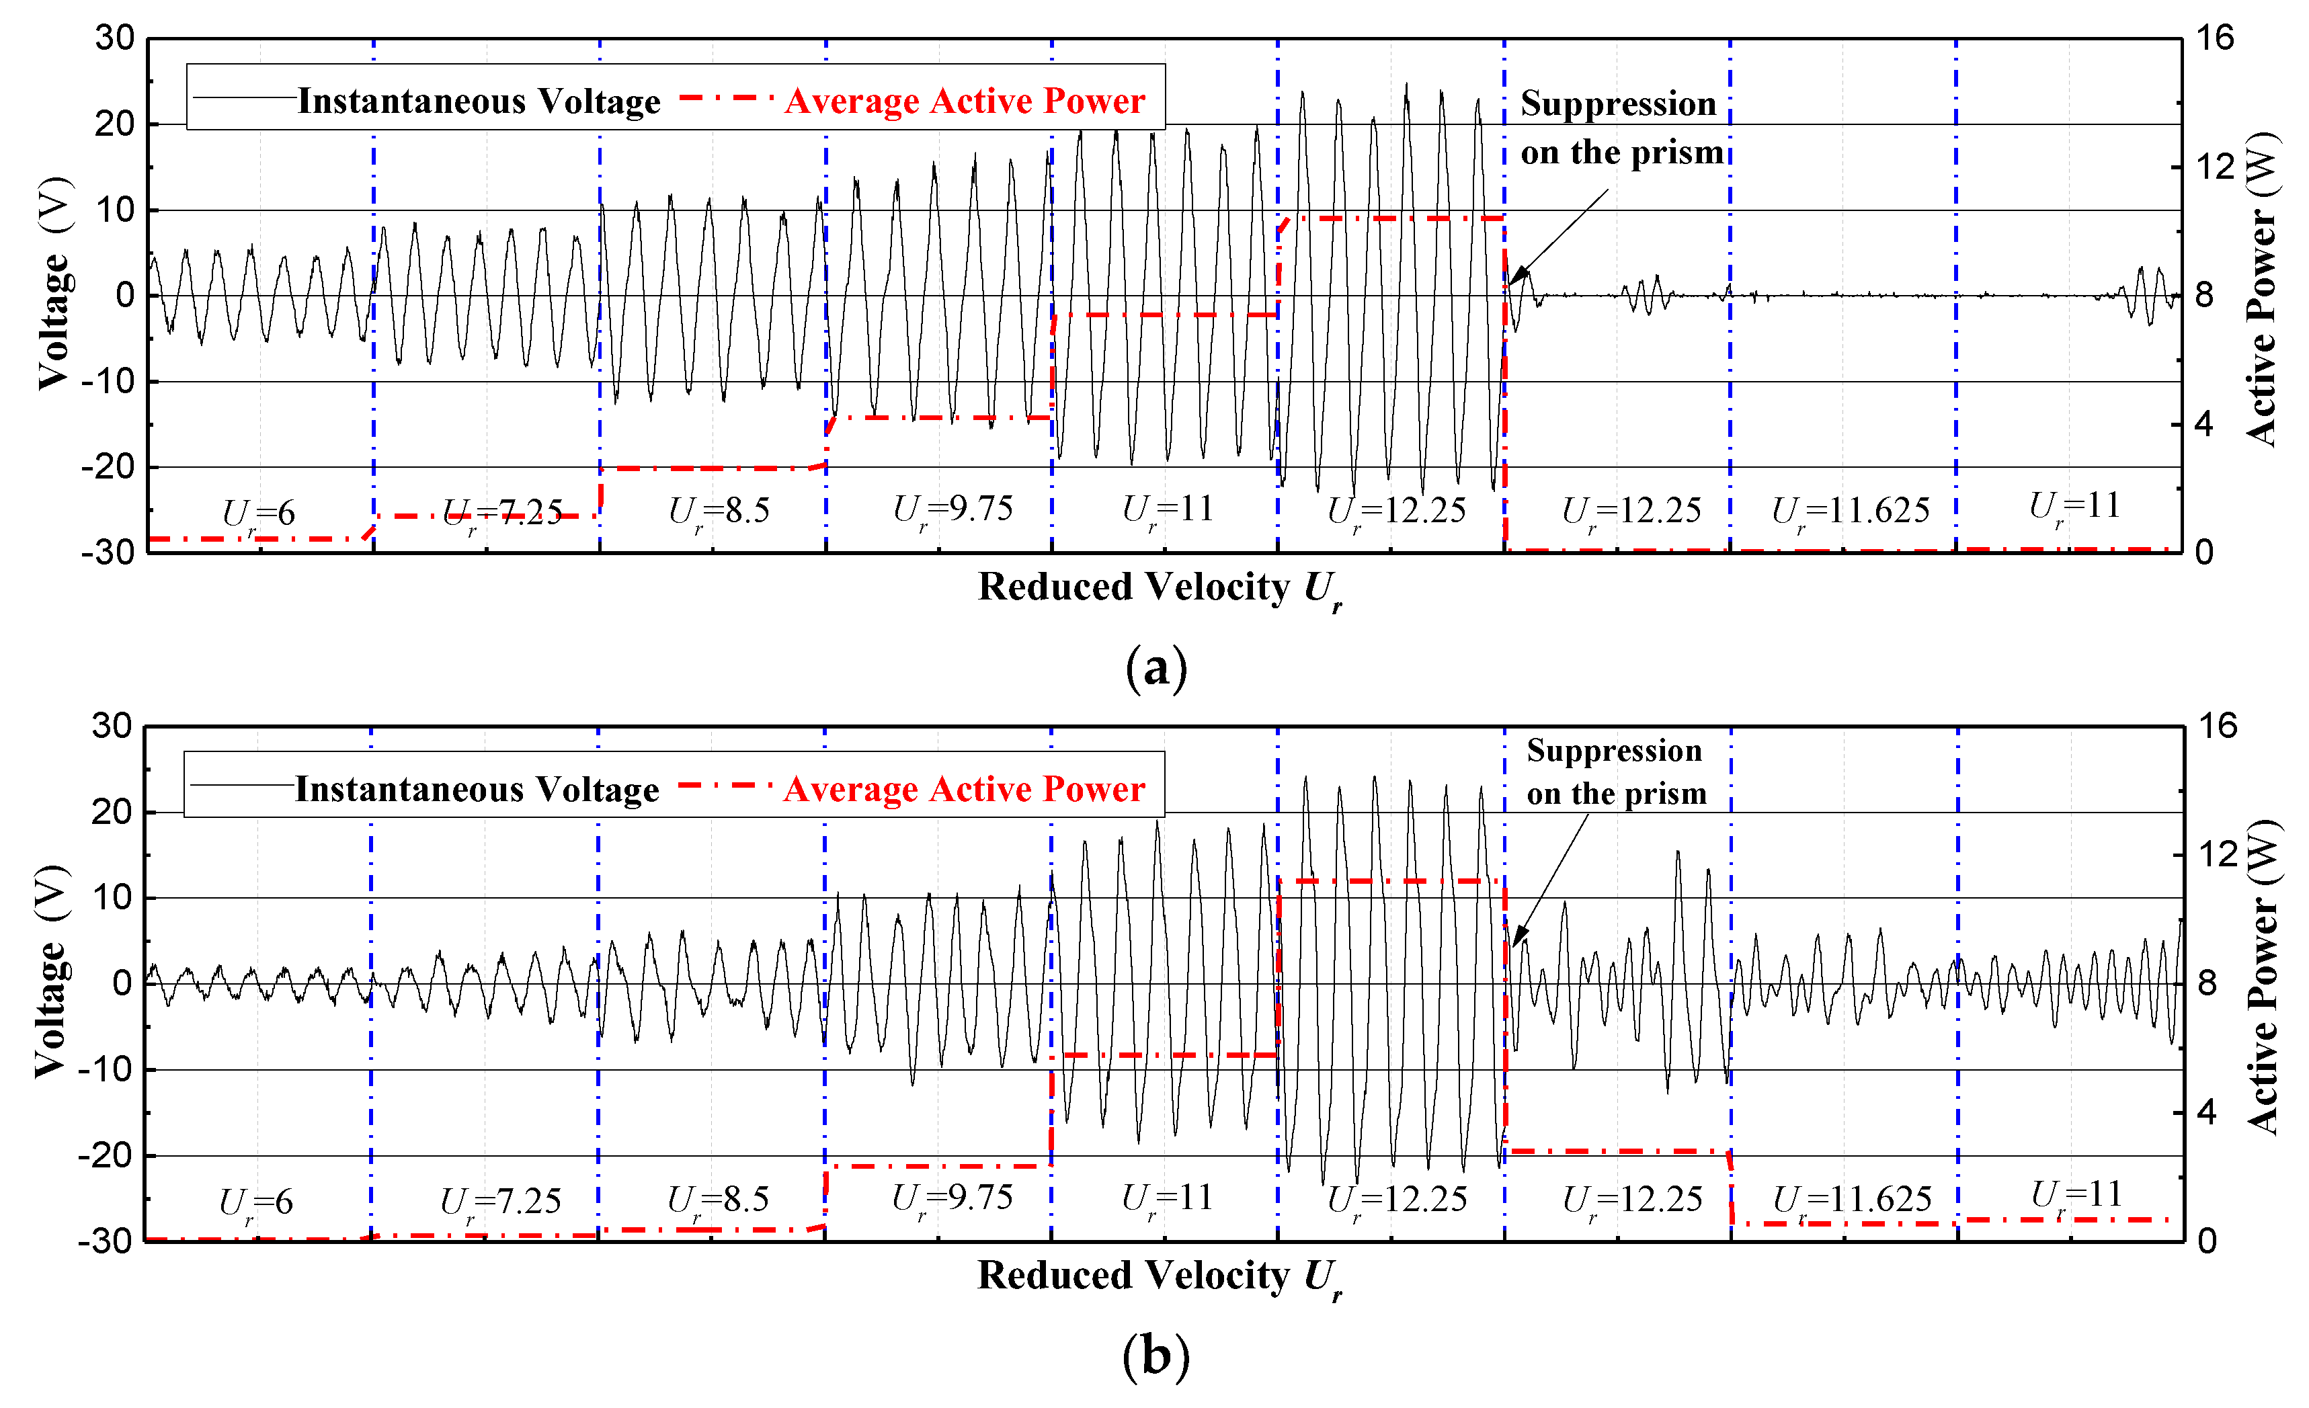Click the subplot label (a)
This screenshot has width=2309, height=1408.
click(1156, 669)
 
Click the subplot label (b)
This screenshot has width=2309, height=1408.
click(1156, 1356)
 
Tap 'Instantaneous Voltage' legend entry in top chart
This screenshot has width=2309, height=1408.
click(478, 101)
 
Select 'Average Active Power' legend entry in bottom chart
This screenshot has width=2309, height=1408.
click(963, 789)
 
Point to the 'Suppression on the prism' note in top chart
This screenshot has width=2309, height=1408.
click(1621, 128)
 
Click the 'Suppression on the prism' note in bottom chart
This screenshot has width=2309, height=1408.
click(1615, 772)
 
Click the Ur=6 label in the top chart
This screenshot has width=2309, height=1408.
click(259, 513)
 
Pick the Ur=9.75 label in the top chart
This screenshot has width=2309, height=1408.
click(953, 509)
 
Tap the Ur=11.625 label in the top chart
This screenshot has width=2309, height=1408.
click(1850, 511)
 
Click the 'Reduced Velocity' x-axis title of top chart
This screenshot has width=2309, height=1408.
click(1159, 588)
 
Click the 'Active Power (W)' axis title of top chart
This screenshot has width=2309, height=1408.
click(2261, 290)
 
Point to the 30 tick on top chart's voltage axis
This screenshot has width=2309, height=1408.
click(114, 38)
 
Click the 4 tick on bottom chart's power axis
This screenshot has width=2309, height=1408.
click(2207, 1112)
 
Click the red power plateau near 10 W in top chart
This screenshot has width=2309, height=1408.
click(1391, 218)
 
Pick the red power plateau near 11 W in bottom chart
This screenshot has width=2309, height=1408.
click(1391, 882)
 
